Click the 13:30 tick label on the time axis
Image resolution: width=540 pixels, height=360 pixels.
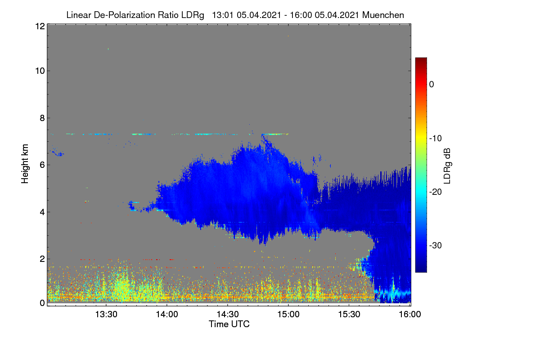click(106, 315)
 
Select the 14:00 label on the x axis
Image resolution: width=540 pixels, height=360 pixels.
click(167, 315)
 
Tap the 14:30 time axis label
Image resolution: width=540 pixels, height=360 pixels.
click(228, 315)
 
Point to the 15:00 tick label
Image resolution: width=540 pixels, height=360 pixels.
click(288, 315)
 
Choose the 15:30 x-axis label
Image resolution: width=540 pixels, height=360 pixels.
click(349, 315)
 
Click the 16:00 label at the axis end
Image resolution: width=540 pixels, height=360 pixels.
click(410, 315)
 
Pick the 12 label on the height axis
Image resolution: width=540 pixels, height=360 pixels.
click(40, 26)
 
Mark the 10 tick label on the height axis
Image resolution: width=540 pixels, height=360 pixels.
click(40, 71)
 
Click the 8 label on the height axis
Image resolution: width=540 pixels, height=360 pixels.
click(42, 118)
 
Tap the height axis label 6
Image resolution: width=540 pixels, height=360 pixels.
click(42, 165)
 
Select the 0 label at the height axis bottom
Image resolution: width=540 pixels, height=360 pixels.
click(42, 303)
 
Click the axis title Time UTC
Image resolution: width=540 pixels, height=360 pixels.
click(229, 324)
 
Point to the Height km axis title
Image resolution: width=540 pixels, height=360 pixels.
click(25, 164)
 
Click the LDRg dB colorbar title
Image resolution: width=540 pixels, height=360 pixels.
click(447, 166)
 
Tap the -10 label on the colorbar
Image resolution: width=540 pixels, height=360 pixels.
click(436, 139)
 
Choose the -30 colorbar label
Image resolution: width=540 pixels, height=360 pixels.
click(436, 245)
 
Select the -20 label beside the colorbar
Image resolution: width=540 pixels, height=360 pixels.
click(436, 192)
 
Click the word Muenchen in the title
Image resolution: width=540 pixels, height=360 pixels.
click(383, 15)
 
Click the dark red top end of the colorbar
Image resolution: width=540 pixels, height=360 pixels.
click(421, 59)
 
